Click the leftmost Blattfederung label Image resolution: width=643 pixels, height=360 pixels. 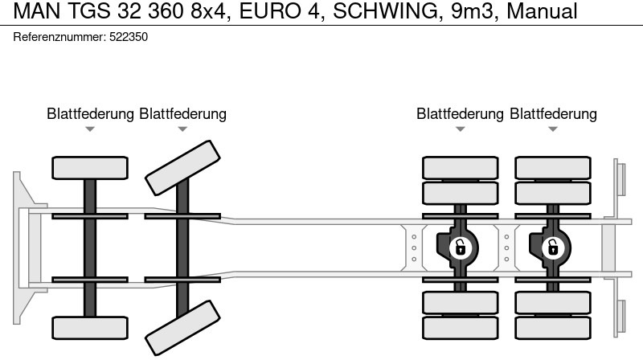pyautogui.click(x=90, y=114)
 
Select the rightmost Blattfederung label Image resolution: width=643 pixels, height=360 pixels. pyautogui.click(x=553, y=114)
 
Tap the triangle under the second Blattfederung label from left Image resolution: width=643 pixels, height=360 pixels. pyautogui.click(x=182, y=129)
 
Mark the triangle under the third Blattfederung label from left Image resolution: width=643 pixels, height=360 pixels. pyautogui.click(x=460, y=129)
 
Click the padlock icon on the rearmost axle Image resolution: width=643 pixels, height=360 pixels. pyautogui.click(x=552, y=247)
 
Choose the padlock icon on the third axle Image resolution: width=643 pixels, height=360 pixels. pyautogui.click(x=460, y=247)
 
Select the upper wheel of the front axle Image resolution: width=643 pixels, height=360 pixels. pyautogui.click(x=90, y=167)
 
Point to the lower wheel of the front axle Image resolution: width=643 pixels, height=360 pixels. pyautogui.click(x=90, y=328)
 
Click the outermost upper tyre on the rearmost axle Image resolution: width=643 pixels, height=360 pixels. pyautogui.click(x=552, y=167)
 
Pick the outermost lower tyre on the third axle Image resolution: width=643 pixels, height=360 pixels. pyautogui.click(x=460, y=328)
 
